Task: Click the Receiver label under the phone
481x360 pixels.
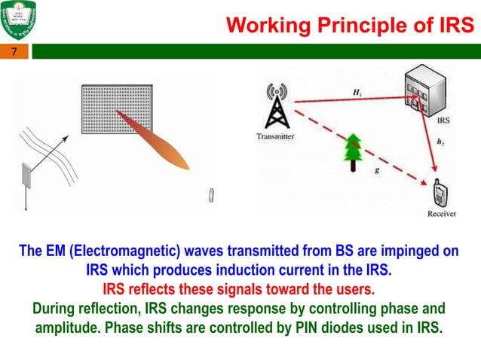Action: pos(442,214)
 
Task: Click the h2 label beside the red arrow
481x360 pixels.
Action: pos(440,141)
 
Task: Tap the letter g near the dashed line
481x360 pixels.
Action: pos(376,170)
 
